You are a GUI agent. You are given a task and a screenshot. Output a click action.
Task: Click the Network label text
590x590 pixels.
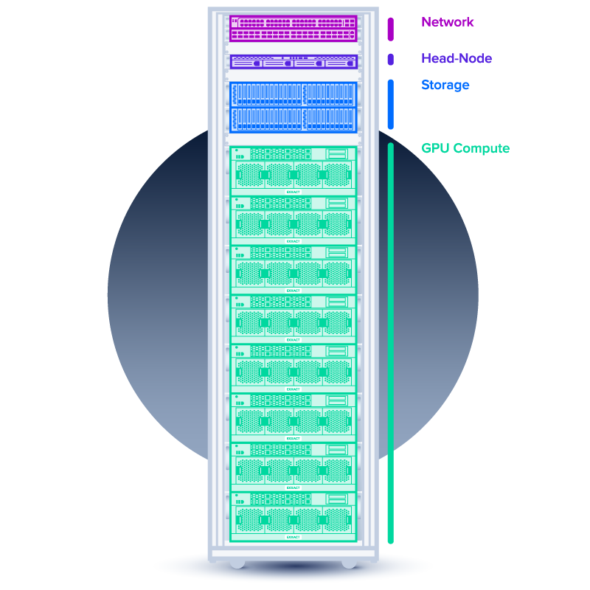(447, 22)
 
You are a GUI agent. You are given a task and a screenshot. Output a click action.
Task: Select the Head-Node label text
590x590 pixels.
(456, 58)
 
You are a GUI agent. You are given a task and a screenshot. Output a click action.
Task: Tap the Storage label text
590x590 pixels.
(445, 85)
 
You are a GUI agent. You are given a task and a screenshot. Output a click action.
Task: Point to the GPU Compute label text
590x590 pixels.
(465, 148)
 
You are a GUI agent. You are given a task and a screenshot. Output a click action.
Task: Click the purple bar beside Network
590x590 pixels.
(390, 28)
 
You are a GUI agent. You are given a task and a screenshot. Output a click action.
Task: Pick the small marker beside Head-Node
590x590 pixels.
(390, 59)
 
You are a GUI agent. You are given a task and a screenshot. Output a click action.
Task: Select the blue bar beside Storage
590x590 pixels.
(390, 103)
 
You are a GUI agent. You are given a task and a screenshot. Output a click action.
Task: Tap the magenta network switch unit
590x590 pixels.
(294, 28)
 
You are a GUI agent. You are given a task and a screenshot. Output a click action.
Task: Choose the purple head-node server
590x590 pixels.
(294, 62)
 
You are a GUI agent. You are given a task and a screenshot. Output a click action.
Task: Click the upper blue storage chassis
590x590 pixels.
(294, 94)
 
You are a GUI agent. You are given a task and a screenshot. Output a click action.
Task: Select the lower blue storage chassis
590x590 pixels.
(294, 119)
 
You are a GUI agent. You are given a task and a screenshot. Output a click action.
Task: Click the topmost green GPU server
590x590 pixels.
(294, 170)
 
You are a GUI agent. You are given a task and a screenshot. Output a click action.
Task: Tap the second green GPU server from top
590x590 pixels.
(294, 220)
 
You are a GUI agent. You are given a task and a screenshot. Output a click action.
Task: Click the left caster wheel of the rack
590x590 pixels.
(237, 563)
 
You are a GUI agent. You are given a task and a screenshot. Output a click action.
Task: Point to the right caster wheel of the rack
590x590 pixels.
(349, 563)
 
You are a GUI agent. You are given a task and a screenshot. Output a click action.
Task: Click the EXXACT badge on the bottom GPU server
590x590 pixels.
(294, 537)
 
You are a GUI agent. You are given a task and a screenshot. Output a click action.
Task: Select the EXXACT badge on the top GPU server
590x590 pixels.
(294, 192)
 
